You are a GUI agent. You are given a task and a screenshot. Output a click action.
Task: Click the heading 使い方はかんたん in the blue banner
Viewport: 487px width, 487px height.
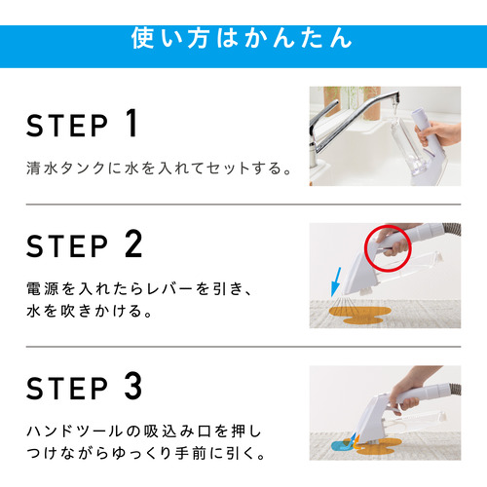(242, 38)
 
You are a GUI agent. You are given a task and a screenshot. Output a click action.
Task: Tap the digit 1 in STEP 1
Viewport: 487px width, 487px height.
(131, 124)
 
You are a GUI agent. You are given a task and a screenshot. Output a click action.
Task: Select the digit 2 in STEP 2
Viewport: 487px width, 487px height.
(133, 243)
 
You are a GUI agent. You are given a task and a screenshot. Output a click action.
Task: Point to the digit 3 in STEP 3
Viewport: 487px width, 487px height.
(133, 386)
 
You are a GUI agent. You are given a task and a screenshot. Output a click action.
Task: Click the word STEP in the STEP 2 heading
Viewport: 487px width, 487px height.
(67, 246)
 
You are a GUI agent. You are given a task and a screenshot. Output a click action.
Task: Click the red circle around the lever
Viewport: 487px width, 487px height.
(365, 248)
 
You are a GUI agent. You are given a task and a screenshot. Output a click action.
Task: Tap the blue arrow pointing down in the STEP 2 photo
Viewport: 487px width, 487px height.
(336, 281)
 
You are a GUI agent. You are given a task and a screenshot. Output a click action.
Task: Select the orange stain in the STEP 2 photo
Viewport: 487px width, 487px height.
(359, 316)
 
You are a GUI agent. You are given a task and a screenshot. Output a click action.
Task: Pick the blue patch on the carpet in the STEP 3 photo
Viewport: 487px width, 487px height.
(341, 446)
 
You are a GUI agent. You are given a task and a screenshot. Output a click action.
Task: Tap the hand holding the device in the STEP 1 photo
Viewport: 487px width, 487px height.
(438, 133)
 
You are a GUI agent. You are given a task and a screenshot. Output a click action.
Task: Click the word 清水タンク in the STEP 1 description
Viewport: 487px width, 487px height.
(66, 169)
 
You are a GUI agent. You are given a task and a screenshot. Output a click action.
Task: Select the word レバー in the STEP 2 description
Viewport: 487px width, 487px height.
(169, 288)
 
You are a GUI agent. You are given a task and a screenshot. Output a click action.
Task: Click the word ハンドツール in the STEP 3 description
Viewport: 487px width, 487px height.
(74, 431)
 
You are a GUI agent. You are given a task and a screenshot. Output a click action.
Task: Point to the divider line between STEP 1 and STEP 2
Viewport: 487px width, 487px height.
(243, 205)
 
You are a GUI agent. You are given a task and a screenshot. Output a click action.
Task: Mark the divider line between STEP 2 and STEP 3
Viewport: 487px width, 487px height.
(243, 347)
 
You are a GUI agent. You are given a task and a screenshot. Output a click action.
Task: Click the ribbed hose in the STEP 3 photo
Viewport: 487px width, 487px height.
(455, 389)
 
